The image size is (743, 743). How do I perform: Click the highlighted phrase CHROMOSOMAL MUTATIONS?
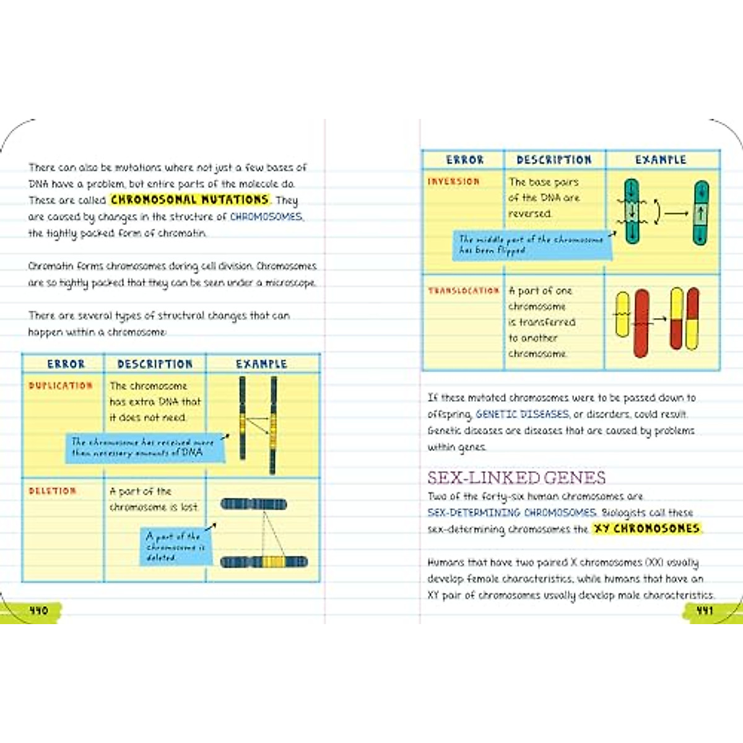(x=189, y=200)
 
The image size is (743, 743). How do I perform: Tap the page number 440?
(x=38, y=610)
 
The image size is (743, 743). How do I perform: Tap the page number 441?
(x=705, y=610)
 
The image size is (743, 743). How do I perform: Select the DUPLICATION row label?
(x=61, y=386)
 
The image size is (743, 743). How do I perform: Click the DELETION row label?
(x=53, y=491)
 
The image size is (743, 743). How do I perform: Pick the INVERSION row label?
(x=454, y=181)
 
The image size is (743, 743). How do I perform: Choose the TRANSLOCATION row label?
(x=464, y=290)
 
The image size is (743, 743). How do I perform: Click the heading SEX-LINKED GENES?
(x=516, y=477)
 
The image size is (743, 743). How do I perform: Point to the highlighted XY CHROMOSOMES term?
(x=646, y=529)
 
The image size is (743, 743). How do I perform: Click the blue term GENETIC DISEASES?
(x=522, y=414)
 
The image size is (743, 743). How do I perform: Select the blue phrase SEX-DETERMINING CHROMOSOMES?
(x=512, y=513)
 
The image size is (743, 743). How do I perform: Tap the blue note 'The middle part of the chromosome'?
(x=531, y=245)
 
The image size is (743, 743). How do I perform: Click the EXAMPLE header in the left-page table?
(x=261, y=364)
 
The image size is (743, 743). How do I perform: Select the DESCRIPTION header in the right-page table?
(x=554, y=160)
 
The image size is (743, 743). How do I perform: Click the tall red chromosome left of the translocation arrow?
(x=641, y=323)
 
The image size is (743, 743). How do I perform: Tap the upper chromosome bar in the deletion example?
(x=254, y=505)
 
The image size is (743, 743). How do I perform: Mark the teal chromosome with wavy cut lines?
(x=632, y=211)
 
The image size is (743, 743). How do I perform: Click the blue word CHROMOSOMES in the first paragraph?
(x=266, y=217)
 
